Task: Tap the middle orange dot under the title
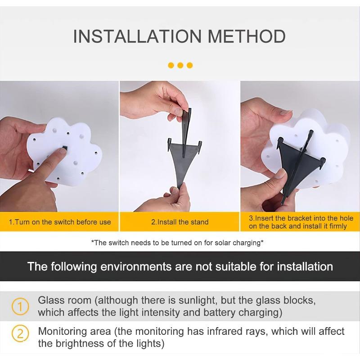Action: (180, 65)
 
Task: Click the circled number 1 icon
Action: (20, 306)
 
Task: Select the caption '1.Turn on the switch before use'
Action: (60, 222)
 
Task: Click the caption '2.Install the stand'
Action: (180, 222)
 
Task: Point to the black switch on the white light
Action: (65, 148)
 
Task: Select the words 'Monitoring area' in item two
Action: (75, 332)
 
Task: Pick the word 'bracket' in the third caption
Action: (297, 218)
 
